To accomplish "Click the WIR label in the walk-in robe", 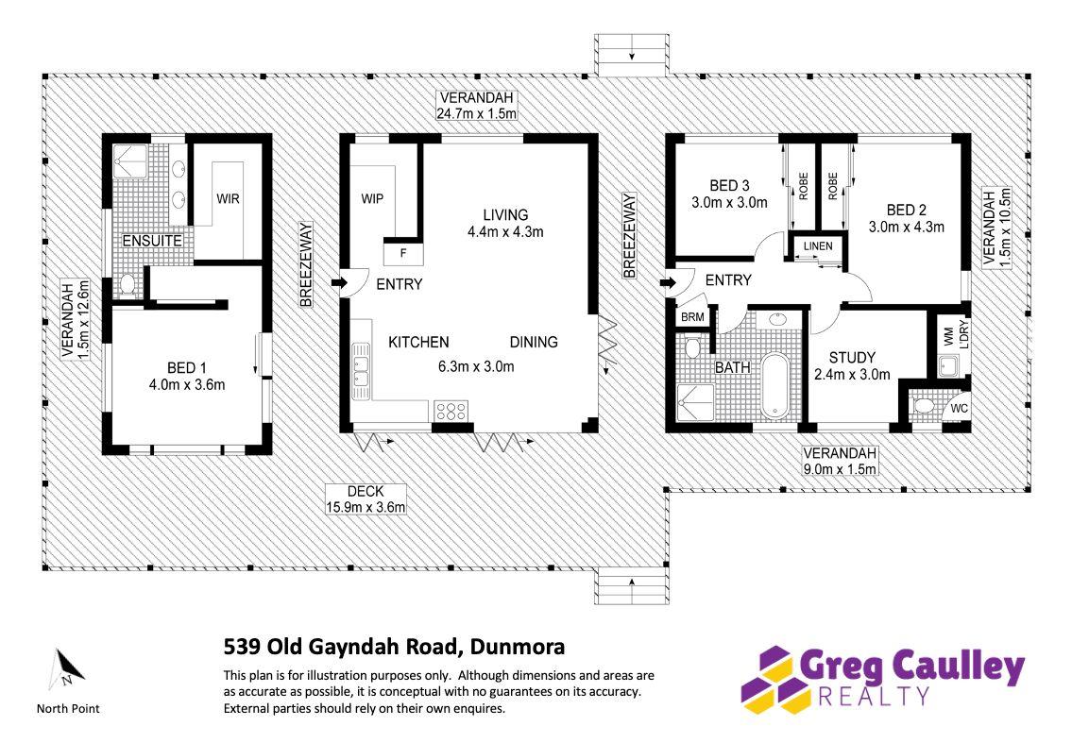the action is coord(228,199).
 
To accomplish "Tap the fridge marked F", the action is coord(403,254).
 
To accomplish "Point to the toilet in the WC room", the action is coord(923,405).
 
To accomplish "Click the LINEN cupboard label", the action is coord(818,246).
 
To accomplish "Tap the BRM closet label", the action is coord(692,317).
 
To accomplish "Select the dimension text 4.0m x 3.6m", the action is coord(187,385).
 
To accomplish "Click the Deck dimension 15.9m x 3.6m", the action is coord(366,507).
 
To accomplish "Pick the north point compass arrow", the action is coord(67,668).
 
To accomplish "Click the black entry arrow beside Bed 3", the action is coord(668,282).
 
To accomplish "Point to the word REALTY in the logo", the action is coord(874,697).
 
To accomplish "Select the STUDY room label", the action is coord(852,358).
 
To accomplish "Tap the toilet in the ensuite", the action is coord(128,284).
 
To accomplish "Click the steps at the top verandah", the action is coord(632,55).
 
